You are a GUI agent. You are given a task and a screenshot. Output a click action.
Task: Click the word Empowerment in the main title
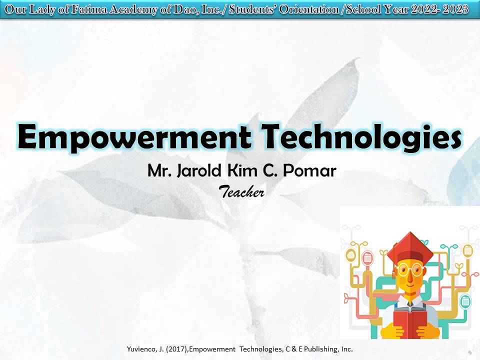point(134,137)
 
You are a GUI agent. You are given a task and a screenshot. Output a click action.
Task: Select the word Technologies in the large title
point(362,137)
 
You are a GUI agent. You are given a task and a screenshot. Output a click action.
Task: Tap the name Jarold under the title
point(199,171)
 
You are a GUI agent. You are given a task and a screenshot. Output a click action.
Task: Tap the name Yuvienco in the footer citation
point(141,349)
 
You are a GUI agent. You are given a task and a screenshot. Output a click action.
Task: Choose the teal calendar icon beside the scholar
point(465,300)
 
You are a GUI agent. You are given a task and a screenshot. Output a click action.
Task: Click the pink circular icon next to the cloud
point(367,258)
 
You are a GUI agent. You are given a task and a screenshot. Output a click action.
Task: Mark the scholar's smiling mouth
point(410,285)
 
